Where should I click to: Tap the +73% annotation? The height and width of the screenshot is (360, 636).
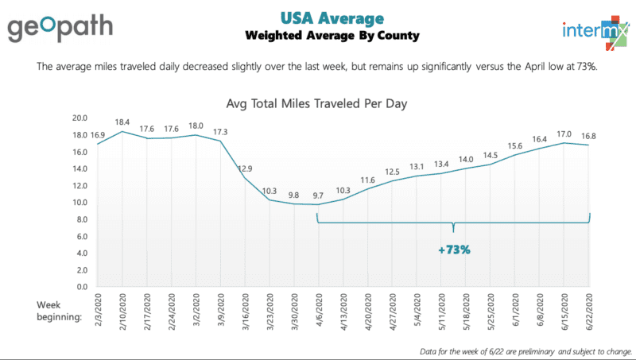tap(454, 250)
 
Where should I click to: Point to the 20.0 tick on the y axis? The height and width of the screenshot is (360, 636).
tap(79, 118)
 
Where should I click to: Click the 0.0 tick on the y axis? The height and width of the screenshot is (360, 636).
tap(82, 287)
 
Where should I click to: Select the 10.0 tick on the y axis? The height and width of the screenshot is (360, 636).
tap(79, 202)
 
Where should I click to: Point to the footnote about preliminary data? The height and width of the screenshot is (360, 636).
tap(525, 350)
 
